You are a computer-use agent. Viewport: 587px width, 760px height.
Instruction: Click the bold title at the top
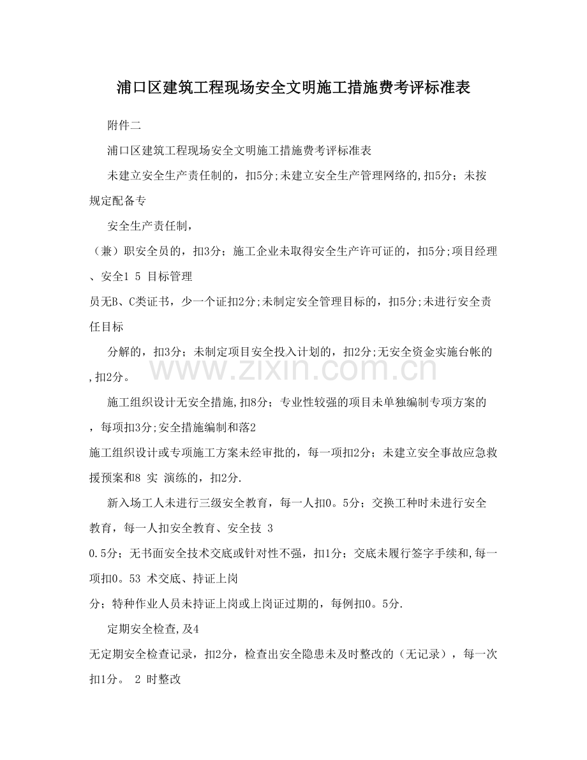point(293,88)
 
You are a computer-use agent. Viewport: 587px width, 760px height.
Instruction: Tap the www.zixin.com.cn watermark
point(293,369)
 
